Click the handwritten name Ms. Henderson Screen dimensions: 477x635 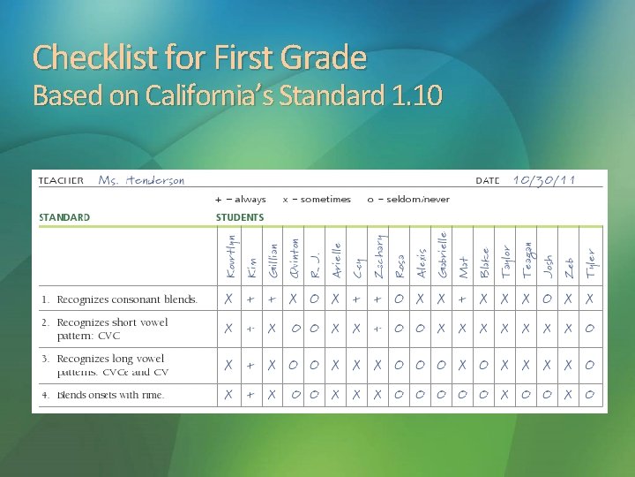tap(141, 180)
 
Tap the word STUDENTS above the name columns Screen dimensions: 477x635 tap(240, 217)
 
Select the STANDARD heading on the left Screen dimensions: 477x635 tap(64, 217)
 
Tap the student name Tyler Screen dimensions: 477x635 tap(590, 264)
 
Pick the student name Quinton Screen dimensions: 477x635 tap(295, 258)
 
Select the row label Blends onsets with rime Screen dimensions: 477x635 tap(110, 395)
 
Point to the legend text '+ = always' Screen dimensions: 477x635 tap(241, 200)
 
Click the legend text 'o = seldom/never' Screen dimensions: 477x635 tap(407, 200)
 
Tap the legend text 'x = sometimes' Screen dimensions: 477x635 tap(317, 200)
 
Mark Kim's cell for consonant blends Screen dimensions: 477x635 tap(251, 299)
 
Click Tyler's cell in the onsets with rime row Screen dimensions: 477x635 tap(589, 395)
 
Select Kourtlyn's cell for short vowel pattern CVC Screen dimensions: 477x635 tap(229, 329)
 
